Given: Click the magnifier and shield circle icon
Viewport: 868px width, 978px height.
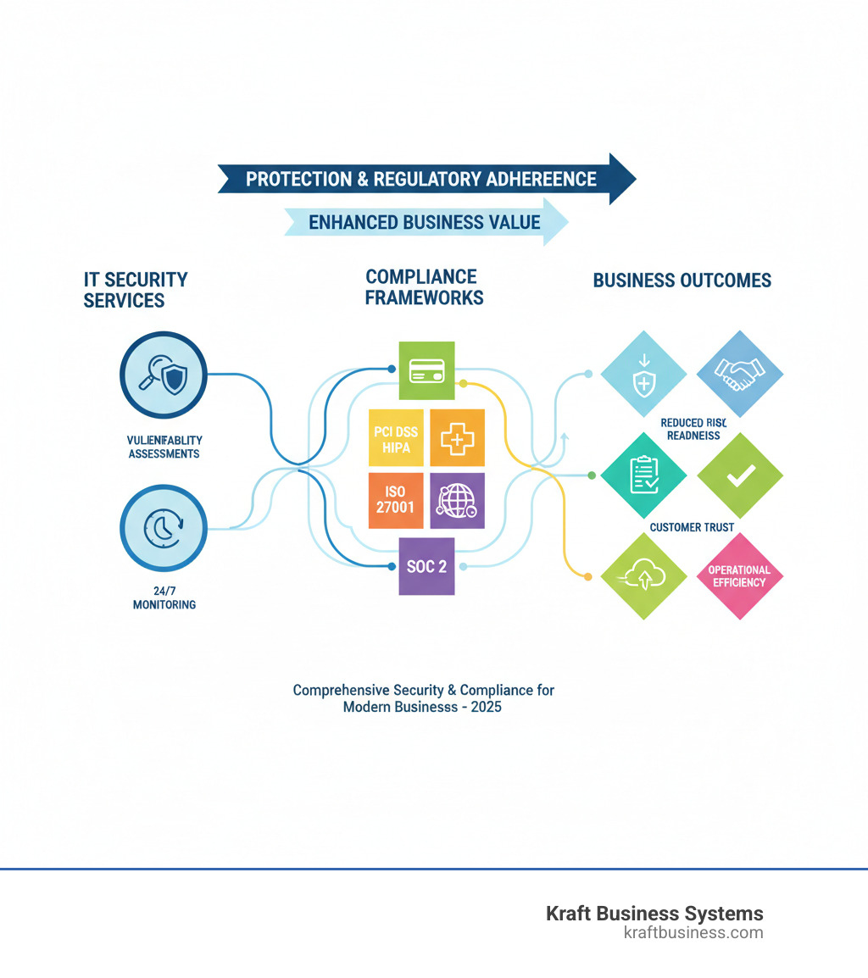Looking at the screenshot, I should tap(164, 375).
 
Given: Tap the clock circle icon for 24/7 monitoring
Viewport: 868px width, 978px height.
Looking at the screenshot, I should tap(164, 527).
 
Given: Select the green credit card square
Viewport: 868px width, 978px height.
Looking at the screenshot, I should tap(426, 370).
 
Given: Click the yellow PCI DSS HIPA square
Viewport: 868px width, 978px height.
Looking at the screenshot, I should tap(396, 437).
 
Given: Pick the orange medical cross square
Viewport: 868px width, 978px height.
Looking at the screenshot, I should tap(458, 437).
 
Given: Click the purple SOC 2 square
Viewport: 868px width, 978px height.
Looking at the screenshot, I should tap(426, 566).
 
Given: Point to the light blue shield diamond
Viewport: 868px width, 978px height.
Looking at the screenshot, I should tap(643, 374).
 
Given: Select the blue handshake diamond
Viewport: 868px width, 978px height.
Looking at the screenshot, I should tap(740, 374).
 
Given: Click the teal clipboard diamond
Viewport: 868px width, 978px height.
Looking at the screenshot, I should tap(643, 475).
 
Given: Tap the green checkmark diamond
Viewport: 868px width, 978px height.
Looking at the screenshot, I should tap(740, 475).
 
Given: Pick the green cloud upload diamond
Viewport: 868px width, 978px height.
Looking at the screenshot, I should tap(643, 576).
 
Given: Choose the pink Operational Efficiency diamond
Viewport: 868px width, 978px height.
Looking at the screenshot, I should tap(740, 576).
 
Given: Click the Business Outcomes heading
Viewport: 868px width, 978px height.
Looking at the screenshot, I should tap(682, 281).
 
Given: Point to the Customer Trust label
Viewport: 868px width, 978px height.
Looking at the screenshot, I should tap(692, 527).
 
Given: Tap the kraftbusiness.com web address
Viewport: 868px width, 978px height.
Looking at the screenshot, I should tap(693, 933).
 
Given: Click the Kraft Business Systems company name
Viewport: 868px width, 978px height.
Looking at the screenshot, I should tap(654, 914).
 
